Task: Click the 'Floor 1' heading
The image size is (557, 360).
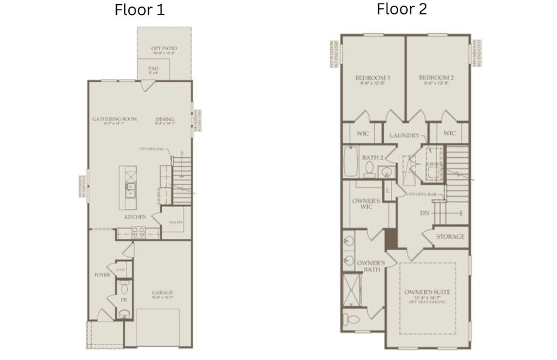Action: (x=139, y=10)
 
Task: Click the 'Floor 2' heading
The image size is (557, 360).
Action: (x=401, y=9)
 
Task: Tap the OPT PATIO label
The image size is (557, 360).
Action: (x=162, y=48)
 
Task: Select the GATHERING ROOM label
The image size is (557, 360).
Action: (x=114, y=119)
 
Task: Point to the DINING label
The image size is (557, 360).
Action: (x=165, y=119)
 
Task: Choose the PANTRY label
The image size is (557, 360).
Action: (x=176, y=223)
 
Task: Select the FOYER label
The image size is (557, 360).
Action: (x=102, y=275)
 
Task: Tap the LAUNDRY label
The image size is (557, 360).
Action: (x=404, y=136)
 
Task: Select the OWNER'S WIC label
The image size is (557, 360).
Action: (x=366, y=203)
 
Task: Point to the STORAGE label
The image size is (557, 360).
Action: (x=450, y=236)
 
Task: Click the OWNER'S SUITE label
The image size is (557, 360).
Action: (x=427, y=292)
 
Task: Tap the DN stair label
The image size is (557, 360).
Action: (x=424, y=213)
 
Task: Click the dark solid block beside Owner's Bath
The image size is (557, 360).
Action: (x=391, y=238)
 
